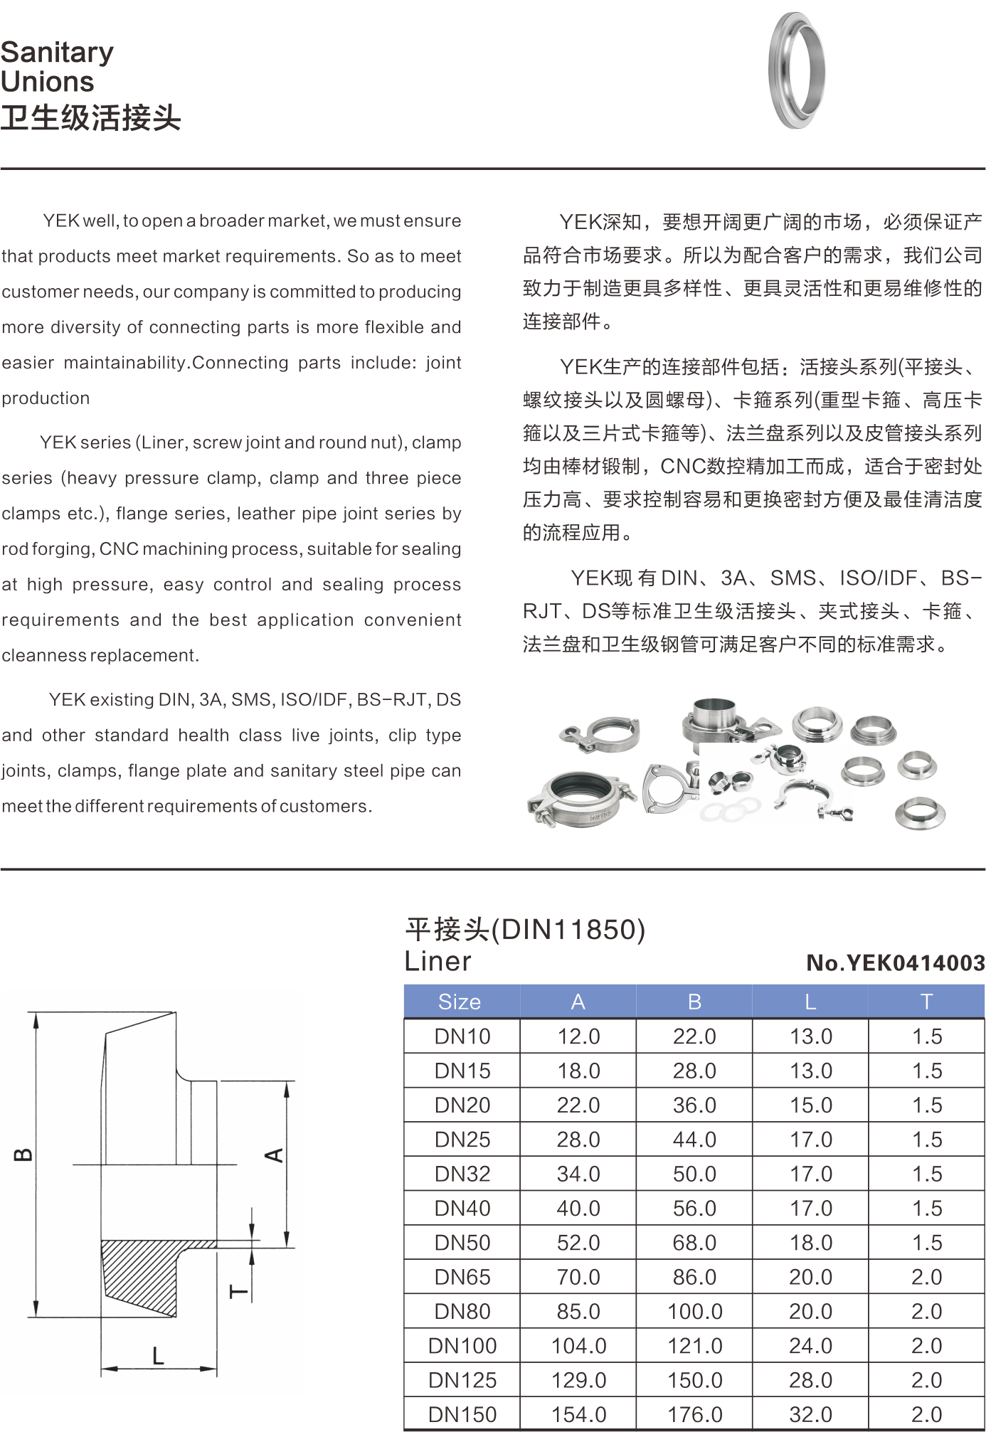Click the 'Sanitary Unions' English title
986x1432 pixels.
(x=57, y=67)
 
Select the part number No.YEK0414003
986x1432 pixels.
(x=896, y=962)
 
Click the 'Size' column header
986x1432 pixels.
(x=460, y=1002)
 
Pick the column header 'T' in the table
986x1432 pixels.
(x=926, y=1002)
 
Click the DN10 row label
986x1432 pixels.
(x=462, y=1036)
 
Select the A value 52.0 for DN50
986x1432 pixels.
(x=578, y=1243)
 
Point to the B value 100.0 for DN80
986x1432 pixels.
(x=694, y=1311)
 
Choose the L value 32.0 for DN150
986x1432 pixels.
(x=810, y=1414)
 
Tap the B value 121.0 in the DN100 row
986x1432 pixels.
(x=694, y=1346)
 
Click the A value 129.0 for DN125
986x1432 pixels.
(x=578, y=1380)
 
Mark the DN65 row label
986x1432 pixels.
(x=462, y=1277)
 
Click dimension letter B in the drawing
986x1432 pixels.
(x=23, y=1153)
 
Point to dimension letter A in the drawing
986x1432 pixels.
(x=274, y=1155)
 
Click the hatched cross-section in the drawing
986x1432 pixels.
(x=142, y=1273)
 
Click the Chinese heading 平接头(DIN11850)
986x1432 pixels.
(x=525, y=929)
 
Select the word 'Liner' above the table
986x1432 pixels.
(x=438, y=961)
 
